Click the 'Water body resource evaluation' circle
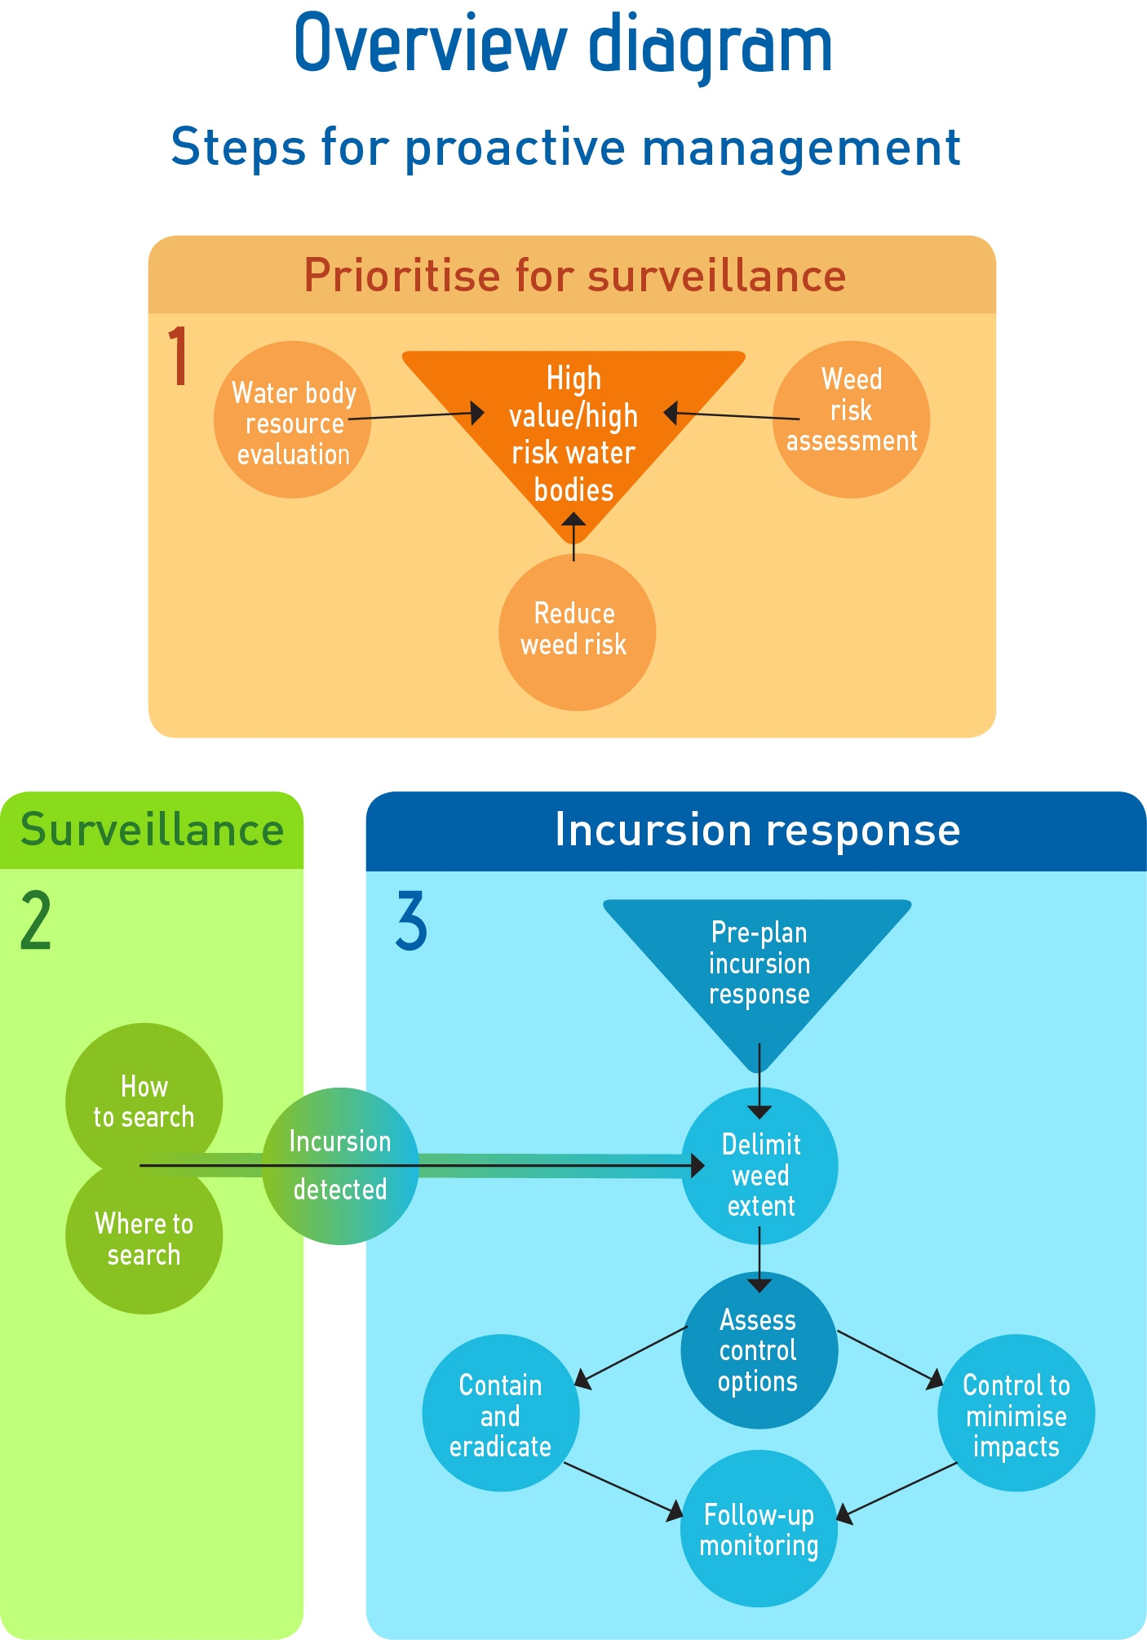point(292,420)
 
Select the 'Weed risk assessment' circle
point(851,419)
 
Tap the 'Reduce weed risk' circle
point(577,632)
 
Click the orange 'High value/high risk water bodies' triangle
point(573,432)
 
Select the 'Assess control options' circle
point(759,1350)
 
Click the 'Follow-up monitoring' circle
point(759,1529)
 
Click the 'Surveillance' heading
point(152,830)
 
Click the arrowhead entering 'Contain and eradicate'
point(582,1379)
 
